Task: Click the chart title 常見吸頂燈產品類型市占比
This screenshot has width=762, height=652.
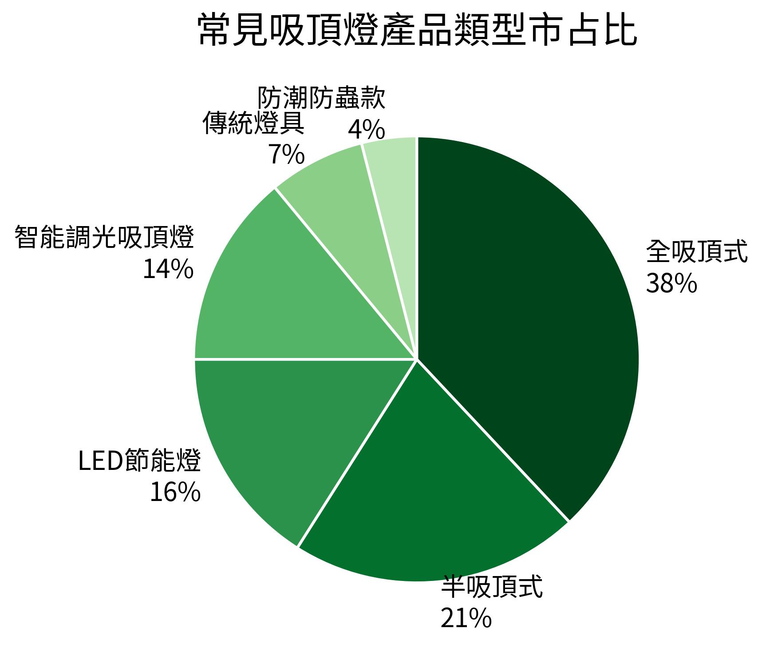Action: tap(417, 30)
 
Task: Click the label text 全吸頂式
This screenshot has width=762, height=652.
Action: tap(696, 252)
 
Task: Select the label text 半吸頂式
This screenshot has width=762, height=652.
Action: tap(491, 587)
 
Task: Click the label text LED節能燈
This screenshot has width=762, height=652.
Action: tap(139, 461)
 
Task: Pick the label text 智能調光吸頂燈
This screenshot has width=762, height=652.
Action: tap(104, 238)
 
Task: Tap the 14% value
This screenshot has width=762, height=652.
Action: tap(168, 269)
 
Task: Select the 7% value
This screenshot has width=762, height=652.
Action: tap(286, 155)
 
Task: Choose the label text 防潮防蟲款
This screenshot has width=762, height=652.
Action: tap(321, 98)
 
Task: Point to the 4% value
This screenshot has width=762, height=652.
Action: tap(366, 130)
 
